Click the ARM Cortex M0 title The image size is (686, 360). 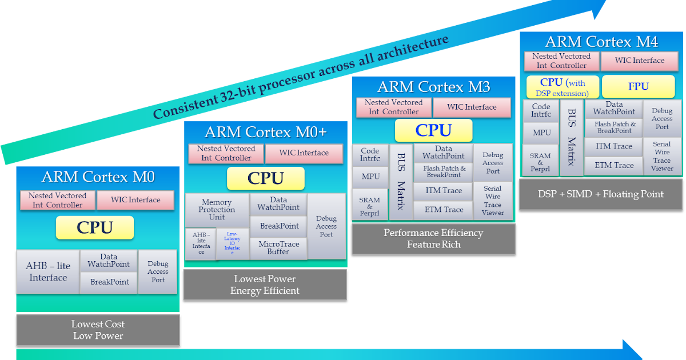98,177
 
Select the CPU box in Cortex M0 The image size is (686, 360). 95,227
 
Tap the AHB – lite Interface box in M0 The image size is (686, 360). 48,272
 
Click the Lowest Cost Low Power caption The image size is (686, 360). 98,330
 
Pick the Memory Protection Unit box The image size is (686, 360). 217,210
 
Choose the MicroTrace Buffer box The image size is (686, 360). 279,248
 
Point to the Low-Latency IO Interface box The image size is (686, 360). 232,244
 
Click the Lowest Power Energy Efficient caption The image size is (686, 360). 265,285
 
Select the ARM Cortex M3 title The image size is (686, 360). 433,87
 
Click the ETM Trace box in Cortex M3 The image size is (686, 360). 444,210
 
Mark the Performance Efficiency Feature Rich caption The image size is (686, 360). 433,238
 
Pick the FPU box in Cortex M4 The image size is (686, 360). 639,86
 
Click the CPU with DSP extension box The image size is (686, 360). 563,87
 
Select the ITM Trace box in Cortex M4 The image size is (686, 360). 615,146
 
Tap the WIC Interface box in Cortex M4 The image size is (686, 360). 640,61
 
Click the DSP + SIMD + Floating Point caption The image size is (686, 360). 601,194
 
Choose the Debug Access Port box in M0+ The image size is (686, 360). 326,226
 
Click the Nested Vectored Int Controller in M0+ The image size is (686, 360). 226,153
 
